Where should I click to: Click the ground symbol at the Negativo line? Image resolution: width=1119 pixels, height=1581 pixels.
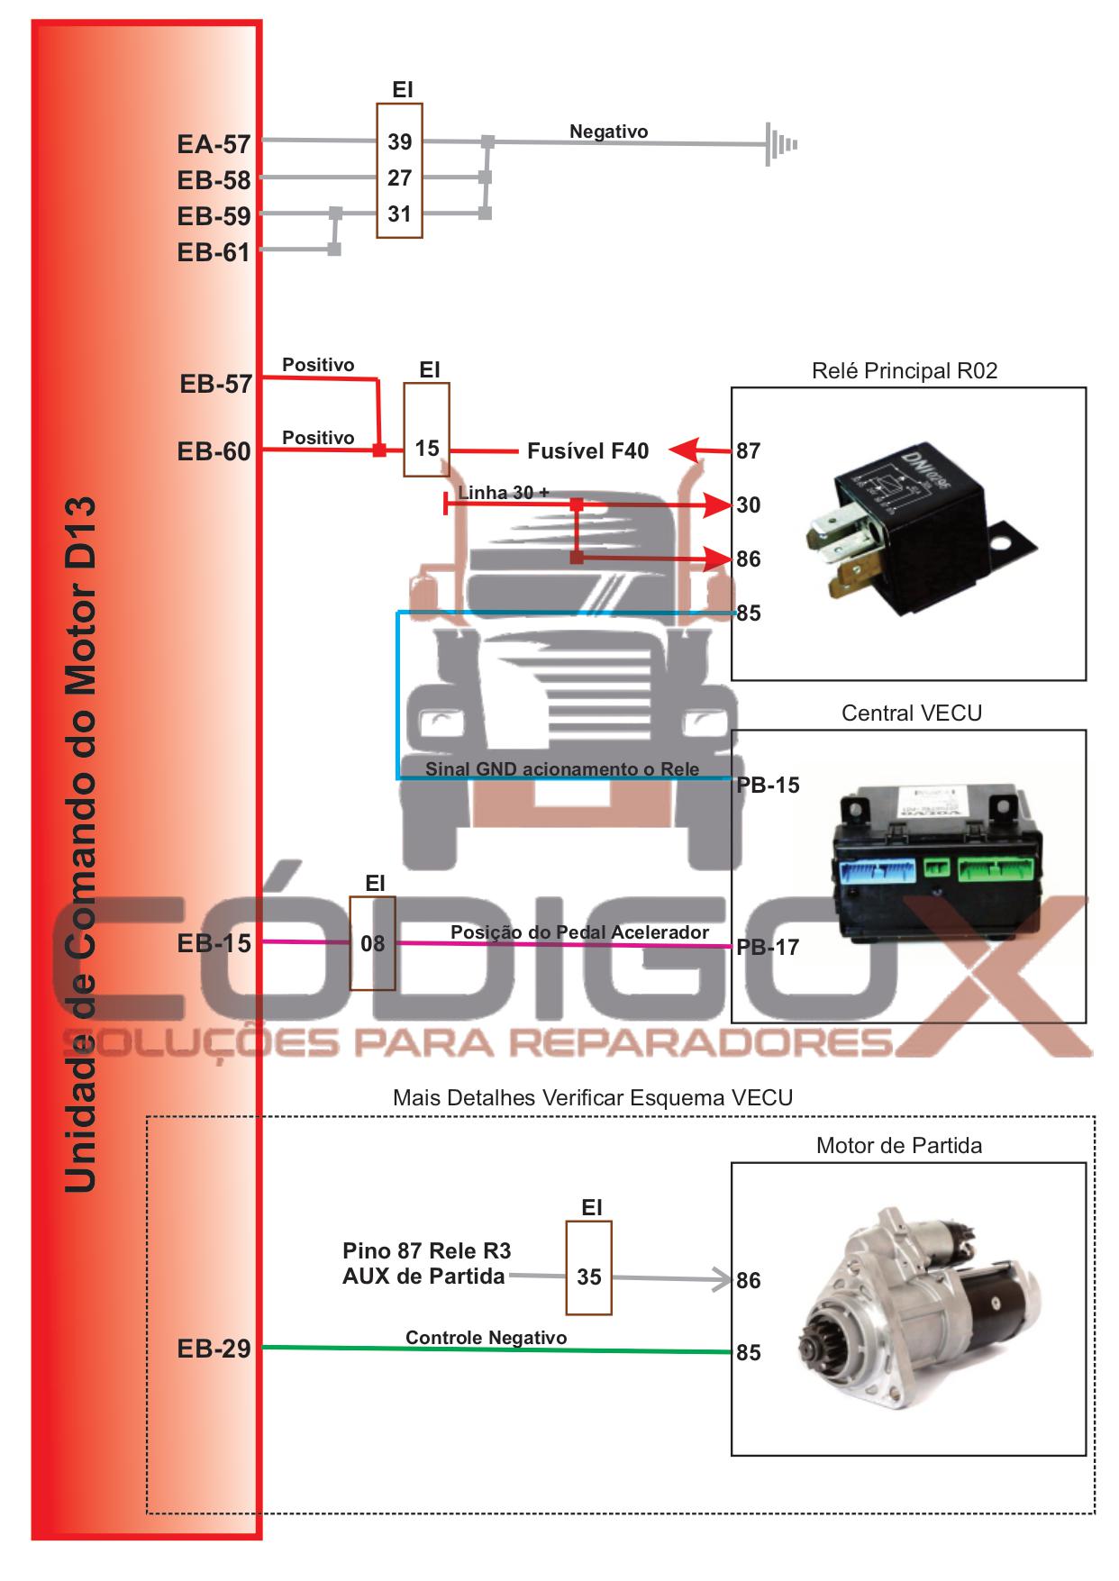coord(780,144)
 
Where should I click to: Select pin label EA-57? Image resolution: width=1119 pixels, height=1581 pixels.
coord(214,144)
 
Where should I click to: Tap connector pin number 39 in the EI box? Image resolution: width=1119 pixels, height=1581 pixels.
coord(400,141)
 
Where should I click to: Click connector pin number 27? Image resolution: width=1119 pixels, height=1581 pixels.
coord(400,178)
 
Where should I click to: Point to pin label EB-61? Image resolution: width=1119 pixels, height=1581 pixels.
coord(214,252)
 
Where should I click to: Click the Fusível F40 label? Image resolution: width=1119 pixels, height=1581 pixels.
coord(587,450)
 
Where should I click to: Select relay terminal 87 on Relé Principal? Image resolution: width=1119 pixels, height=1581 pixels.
coord(749,450)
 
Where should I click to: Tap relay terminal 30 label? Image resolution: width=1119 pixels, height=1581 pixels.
coord(749,505)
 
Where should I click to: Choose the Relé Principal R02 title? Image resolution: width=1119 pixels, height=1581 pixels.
coord(905,371)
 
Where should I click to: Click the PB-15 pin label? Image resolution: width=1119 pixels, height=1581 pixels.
coord(769,785)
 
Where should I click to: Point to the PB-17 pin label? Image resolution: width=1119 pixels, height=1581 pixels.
coord(769,947)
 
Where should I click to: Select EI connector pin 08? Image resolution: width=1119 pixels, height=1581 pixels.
coord(372,943)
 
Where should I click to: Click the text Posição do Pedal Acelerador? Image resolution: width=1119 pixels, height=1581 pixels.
coord(579,932)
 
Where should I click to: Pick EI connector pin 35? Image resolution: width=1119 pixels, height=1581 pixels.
coord(589,1277)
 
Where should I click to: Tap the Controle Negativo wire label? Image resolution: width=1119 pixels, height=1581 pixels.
coord(487,1338)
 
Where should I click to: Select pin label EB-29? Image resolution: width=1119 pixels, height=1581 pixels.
coord(214,1349)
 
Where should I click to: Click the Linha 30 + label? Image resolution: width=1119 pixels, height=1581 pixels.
coord(504,493)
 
